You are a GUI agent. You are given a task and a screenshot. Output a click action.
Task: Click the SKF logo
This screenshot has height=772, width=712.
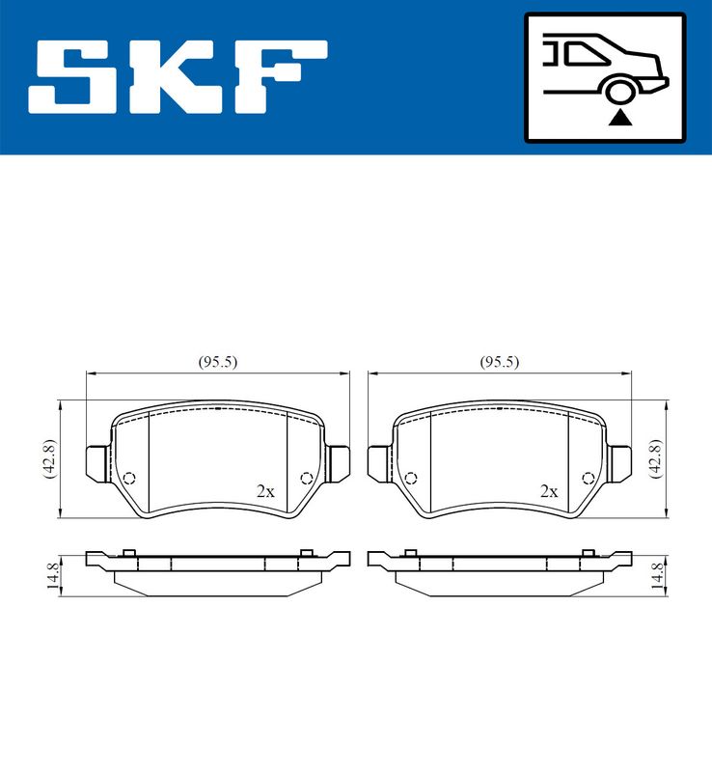(178, 77)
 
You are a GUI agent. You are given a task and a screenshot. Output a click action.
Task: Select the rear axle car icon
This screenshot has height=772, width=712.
(604, 77)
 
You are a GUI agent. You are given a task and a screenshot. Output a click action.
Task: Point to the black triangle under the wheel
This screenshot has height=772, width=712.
(619, 118)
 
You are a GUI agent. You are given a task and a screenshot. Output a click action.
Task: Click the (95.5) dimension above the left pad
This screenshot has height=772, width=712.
(218, 362)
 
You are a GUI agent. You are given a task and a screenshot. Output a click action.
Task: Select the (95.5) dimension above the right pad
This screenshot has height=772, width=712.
(500, 362)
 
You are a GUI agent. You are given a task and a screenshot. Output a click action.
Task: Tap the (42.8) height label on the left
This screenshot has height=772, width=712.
(46, 458)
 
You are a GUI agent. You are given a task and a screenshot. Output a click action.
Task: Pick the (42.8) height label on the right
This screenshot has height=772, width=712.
(656, 458)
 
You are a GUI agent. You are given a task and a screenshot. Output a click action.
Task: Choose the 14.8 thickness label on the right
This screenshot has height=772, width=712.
(657, 576)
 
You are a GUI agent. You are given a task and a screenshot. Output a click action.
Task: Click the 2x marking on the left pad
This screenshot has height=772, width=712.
(265, 491)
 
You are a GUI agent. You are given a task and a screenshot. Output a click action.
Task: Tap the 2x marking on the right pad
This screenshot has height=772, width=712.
(549, 491)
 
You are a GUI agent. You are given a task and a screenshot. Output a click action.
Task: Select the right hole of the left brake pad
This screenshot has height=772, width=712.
(307, 478)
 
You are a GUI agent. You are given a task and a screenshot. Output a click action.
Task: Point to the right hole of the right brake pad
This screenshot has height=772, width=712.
(588, 478)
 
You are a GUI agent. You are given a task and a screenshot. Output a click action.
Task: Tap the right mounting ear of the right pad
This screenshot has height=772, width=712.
(620, 462)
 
